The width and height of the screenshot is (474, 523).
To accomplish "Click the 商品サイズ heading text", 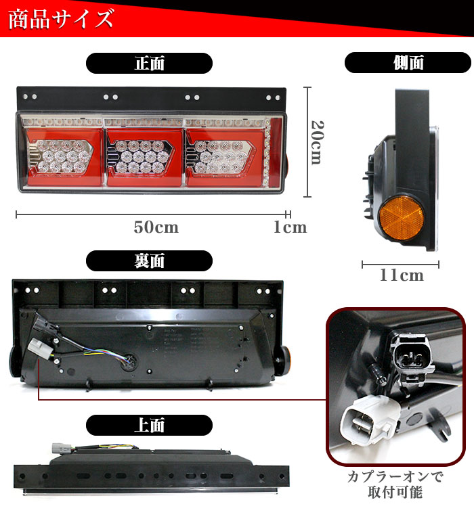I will (x=61, y=19).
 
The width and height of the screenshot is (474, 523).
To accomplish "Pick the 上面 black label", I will (x=149, y=425).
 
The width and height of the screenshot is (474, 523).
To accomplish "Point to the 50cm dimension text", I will (x=156, y=227).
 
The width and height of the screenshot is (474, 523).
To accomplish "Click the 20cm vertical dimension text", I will (x=316, y=142).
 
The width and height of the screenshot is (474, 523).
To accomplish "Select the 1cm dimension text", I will (x=290, y=227).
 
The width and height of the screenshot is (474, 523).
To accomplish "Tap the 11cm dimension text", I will (x=402, y=275).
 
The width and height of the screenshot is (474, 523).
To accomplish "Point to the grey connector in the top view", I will (x=59, y=449).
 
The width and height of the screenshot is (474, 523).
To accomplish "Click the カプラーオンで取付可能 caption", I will (x=396, y=484).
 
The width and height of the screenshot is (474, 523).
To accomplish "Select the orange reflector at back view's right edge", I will (x=286, y=353).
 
